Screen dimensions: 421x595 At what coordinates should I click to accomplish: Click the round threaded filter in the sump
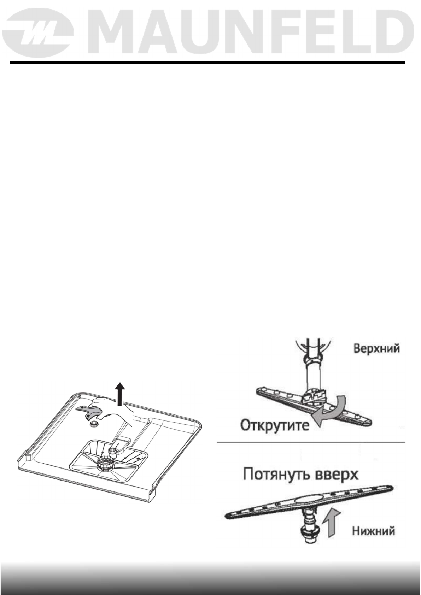105,463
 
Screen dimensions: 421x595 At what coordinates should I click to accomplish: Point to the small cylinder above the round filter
113,451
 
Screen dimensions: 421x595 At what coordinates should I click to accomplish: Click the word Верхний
376,349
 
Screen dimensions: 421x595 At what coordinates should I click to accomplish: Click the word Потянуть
273,475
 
